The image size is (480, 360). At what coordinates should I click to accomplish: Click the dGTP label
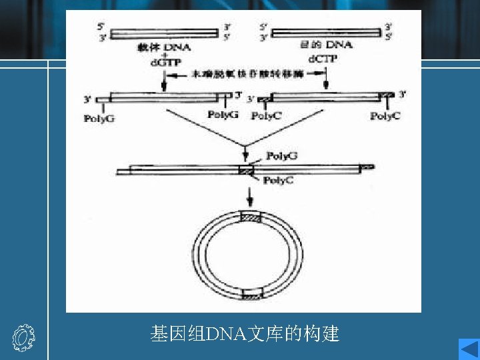click(163, 62)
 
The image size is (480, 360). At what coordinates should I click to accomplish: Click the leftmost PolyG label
click(97, 117)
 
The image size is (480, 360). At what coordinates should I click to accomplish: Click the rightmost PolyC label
click(385, 116)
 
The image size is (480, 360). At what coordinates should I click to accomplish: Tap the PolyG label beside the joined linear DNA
click(281, 156)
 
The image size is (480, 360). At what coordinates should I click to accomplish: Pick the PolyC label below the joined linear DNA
click(278, 180)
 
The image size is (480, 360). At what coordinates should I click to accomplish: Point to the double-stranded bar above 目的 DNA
click(327, 31)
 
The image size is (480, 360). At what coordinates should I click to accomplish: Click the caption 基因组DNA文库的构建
click(245, 333)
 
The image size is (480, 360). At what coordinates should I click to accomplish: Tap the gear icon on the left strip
click(23, 339)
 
